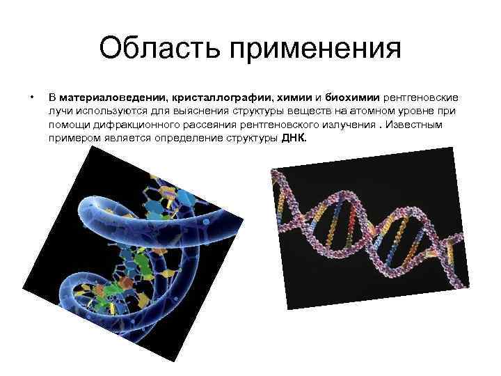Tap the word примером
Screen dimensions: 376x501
[x=72, y=138]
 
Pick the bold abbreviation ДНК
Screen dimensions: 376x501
[x=293, y=138]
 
